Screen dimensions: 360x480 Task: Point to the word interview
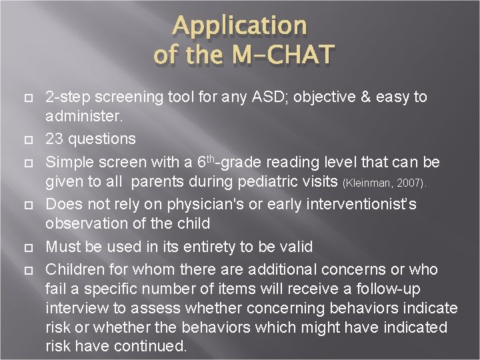(x=73, y=309)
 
